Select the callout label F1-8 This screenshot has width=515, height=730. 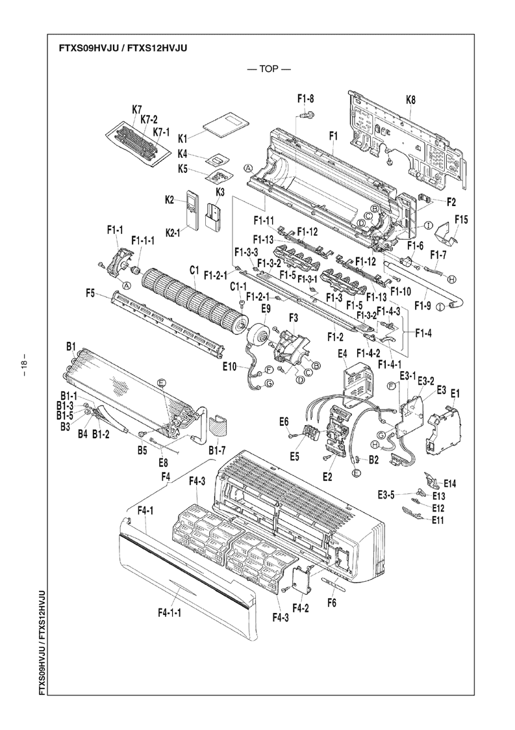306,99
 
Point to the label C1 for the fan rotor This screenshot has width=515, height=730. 194,269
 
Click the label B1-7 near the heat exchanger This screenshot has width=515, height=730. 217,449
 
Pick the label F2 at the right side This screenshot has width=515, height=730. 451,202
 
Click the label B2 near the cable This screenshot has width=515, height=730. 373,460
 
